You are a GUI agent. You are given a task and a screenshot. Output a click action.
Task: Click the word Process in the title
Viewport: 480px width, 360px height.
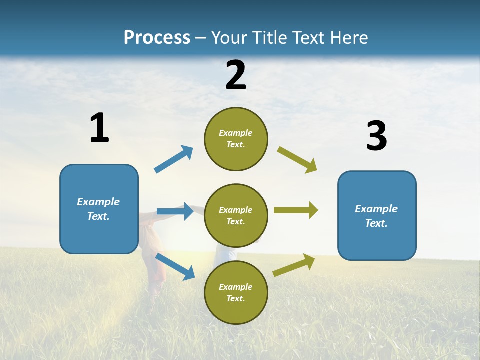[157, 38]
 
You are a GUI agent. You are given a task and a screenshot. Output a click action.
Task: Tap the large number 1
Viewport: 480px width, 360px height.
[99, 128]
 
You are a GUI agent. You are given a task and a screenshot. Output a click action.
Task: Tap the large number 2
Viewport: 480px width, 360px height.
[236, 75]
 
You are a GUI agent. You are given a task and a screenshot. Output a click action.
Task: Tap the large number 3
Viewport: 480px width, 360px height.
[376, 136]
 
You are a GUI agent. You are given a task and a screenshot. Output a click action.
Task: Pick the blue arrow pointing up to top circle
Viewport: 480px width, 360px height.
[174, 159]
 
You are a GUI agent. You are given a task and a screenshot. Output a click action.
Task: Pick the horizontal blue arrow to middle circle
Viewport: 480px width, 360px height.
[175, 211]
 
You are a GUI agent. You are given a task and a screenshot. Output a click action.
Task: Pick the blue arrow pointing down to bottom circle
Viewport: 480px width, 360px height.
[175, 266]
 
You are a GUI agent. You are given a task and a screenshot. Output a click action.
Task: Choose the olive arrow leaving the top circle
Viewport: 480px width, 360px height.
[297, 160]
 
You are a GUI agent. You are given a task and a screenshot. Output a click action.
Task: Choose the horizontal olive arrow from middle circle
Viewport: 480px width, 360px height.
[296, 210]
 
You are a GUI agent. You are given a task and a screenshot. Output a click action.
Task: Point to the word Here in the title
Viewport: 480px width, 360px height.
[348, 38]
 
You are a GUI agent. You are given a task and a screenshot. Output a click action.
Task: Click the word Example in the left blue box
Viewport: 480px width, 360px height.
[98, 202]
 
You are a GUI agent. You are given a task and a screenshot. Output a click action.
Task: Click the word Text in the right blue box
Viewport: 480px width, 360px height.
[375, 223]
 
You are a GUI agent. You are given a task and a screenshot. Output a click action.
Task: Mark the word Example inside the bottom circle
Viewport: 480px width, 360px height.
[235, 287]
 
